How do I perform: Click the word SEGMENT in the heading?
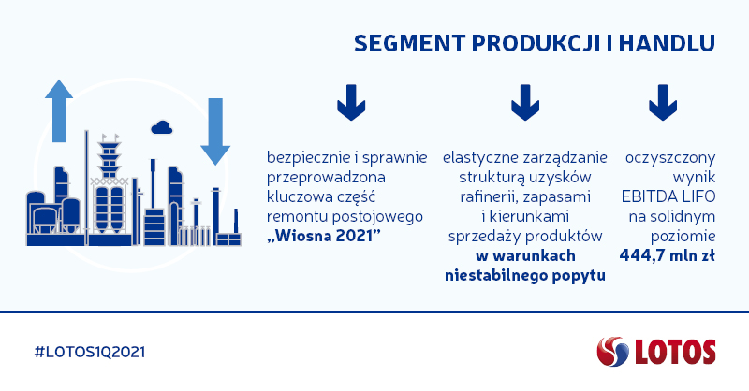tap(409, 43)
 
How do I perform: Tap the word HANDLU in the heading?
tap(668, 43)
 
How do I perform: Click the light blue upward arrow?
tap(59, 110)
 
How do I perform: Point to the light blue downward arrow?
tap(215, 131)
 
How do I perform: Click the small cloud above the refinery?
tap(161, 127)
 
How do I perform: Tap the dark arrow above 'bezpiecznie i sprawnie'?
tap(351, 103)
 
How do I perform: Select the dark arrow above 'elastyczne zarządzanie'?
tap(525, 103)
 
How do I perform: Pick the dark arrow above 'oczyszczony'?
tap(663, 103)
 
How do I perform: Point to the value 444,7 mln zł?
tap(668, 256)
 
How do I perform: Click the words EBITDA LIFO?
tap(668, 196)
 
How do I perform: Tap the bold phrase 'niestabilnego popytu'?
tap(525, 275)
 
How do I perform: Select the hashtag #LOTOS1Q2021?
tap(90, 353)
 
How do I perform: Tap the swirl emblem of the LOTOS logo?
tap(613, 352)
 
